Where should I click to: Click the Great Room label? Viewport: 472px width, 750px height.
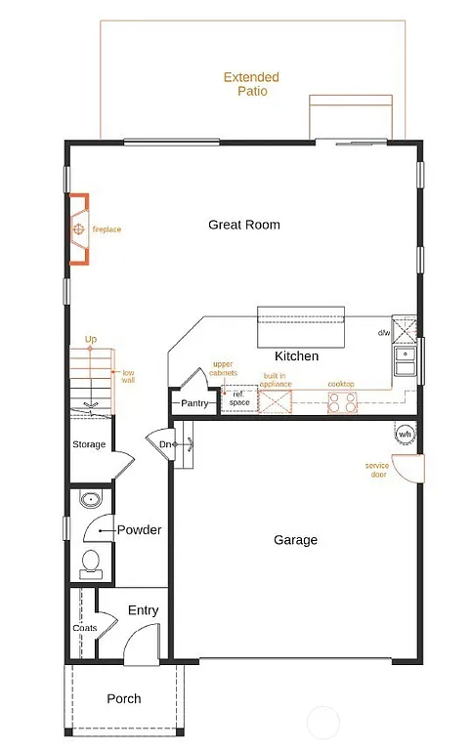pyautogui.click(x=243, y=225)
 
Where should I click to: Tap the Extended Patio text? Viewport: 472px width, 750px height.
pyautogui.click(x=251, y=84)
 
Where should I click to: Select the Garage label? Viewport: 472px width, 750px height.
pyautogui.click(x=295, y=540)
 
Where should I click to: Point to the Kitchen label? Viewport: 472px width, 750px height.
pyautogui.click(x=296, y=356)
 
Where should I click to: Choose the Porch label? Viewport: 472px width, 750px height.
pyautogui.click(x=124, y=698)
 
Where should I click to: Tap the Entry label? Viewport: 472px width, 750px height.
pyautogui.click(x=143, y=610)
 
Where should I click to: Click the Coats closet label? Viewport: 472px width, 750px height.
pyautogui.click(x=84, y=628)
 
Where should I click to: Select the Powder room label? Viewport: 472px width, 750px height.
pyautogui.click(x=139, y=530)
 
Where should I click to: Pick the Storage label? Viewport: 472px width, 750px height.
pyautogui.click(x=89, y=445)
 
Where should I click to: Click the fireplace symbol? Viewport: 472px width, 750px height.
pyautogui.click(x=78, y=229)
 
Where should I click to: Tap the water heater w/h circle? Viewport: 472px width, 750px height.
pyautogui.click(x=405, y=433)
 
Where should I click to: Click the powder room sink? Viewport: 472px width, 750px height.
pyautogui.click(x=89, y=500)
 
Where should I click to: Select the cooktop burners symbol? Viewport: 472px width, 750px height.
pyautogui.click(x=342, y=401)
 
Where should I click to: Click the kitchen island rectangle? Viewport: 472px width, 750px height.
pyautogui.click(x=301, y=327)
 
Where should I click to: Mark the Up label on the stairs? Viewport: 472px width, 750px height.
pyautogui.click(x=91, y=340)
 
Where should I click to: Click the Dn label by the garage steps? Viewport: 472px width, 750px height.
pyautogui.click(x=165, y=445)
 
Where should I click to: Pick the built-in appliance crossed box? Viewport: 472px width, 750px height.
pyautogui.click(x=274, y=401)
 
